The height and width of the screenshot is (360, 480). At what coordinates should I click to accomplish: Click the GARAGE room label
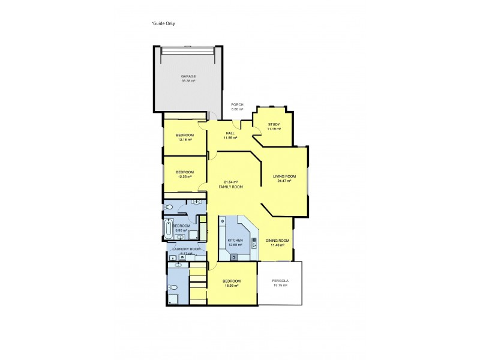coord(188,76)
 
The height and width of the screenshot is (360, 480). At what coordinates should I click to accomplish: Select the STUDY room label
coord(274,124)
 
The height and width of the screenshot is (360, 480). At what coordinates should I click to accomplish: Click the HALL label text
coord(230,133)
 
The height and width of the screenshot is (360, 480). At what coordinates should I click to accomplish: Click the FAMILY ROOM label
coord(230,187)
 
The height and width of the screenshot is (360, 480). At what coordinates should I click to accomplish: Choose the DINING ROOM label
coord(277,241)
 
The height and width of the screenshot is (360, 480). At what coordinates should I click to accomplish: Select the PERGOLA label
coord(280,281)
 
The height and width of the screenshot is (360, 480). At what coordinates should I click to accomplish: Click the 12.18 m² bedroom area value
coord(185,140)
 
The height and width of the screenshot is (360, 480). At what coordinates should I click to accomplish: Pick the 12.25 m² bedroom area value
coord(185,176)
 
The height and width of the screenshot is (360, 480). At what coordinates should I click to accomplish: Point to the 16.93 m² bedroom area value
coord(232,286)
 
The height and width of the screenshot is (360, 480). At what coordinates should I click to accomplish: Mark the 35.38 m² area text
coord(188,81)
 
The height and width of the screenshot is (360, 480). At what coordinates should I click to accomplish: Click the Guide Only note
coord(163,23)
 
